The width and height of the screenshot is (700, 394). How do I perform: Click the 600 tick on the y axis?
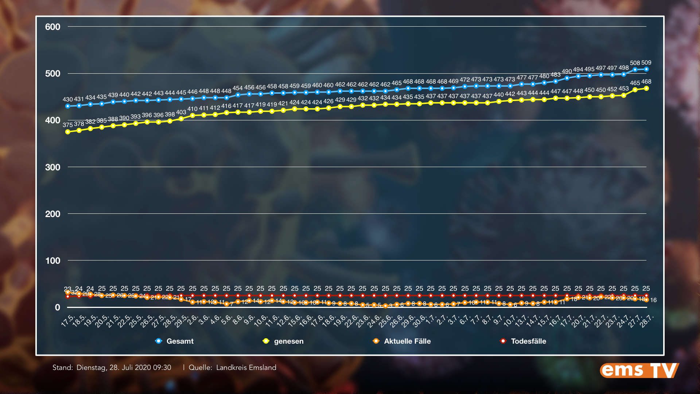[x=52, y=27]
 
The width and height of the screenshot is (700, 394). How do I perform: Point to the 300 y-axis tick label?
[x=52, y=167]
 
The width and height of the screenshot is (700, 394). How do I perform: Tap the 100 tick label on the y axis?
[x=52, y=261]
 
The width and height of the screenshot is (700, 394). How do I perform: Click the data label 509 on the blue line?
[x=646, y=63]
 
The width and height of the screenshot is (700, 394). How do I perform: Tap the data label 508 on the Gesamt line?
[x=635, y=63]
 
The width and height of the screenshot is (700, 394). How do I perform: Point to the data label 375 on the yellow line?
[x=67, y=125]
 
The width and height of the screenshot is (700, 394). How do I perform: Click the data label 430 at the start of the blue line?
[x=67, y=99]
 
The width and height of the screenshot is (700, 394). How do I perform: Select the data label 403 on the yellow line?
[x=181, y=112]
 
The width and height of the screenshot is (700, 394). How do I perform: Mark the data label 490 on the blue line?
[x=567, y=72]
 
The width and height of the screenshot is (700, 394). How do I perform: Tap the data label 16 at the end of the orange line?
[x=653, y=300]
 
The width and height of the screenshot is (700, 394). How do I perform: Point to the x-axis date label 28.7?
[x=646, y=321]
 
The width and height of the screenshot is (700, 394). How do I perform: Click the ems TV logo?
[x=639, y=370]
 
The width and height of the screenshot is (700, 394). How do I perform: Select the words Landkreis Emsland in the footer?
[x=246, y=368]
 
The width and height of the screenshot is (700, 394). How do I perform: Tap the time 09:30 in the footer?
[x=162, y=368]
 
